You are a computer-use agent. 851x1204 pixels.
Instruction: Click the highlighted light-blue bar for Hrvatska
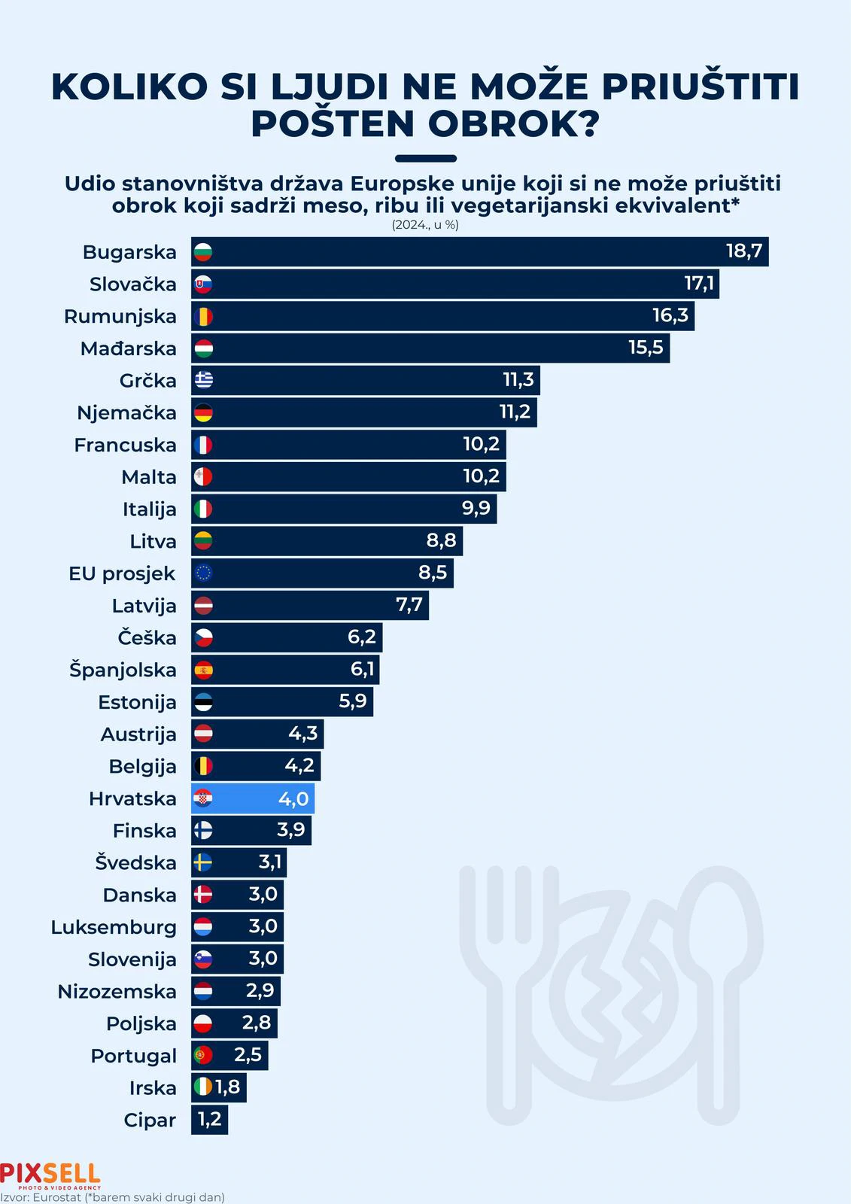[x=253, y=798]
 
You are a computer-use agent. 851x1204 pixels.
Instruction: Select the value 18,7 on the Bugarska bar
[x=743, y=251]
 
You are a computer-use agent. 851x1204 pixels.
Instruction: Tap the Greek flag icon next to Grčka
[x=203, y=380]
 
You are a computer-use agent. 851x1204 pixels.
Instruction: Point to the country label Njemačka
[x=126, y=412]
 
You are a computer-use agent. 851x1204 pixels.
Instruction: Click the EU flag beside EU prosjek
[x=203, y=573]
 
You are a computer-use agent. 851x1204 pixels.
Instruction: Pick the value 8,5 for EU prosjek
[x=433, y=573]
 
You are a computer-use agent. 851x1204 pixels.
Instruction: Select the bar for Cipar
[x=209, y=1120]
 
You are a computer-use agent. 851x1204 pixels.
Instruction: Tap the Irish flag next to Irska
[x=203, y=1087]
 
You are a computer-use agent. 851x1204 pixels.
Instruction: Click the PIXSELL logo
[x=50, y=1175]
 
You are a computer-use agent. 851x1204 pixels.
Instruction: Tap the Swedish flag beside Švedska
[x=203, y=862]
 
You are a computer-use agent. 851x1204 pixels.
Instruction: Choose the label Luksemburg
[x=114, y=927]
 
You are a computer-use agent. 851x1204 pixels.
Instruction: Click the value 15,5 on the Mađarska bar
[x=646, y=348]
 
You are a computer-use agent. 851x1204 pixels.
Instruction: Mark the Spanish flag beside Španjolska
[x=203, y=670]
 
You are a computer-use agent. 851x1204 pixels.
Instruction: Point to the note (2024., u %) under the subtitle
[x=425, y=225]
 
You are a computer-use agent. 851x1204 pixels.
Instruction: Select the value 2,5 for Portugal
[x=248, y=1055]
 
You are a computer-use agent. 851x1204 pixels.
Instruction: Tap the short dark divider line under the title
[x=425, y=159]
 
